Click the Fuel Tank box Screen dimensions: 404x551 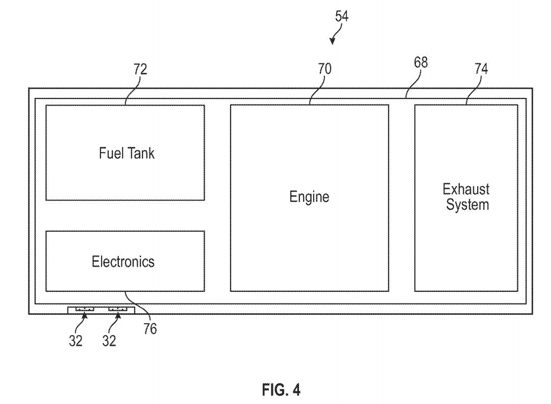coord(125,153)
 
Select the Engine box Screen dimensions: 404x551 coord(309,197)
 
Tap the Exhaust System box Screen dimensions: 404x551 coord(466,197)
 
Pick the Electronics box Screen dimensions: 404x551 coord(125,261)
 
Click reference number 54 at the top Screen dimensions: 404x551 coord(342,16)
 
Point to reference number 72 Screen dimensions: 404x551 coord(140,69)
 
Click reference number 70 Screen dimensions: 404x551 coord(324,69)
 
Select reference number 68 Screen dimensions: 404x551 coord(420,63)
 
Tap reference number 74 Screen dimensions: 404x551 coord(481,69)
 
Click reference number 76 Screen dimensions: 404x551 coord(150,329)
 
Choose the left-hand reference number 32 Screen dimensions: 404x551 coord(76,341)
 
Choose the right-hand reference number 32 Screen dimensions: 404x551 coord(109,341)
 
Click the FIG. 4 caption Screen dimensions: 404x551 coord(281,390)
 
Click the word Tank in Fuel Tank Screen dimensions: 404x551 coord(140,153)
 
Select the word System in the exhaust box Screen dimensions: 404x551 coord(467,205)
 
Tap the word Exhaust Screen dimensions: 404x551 coord(466,189)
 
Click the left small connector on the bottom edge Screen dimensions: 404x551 coord(85,309)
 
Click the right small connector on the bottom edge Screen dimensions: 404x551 coord(118,309)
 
